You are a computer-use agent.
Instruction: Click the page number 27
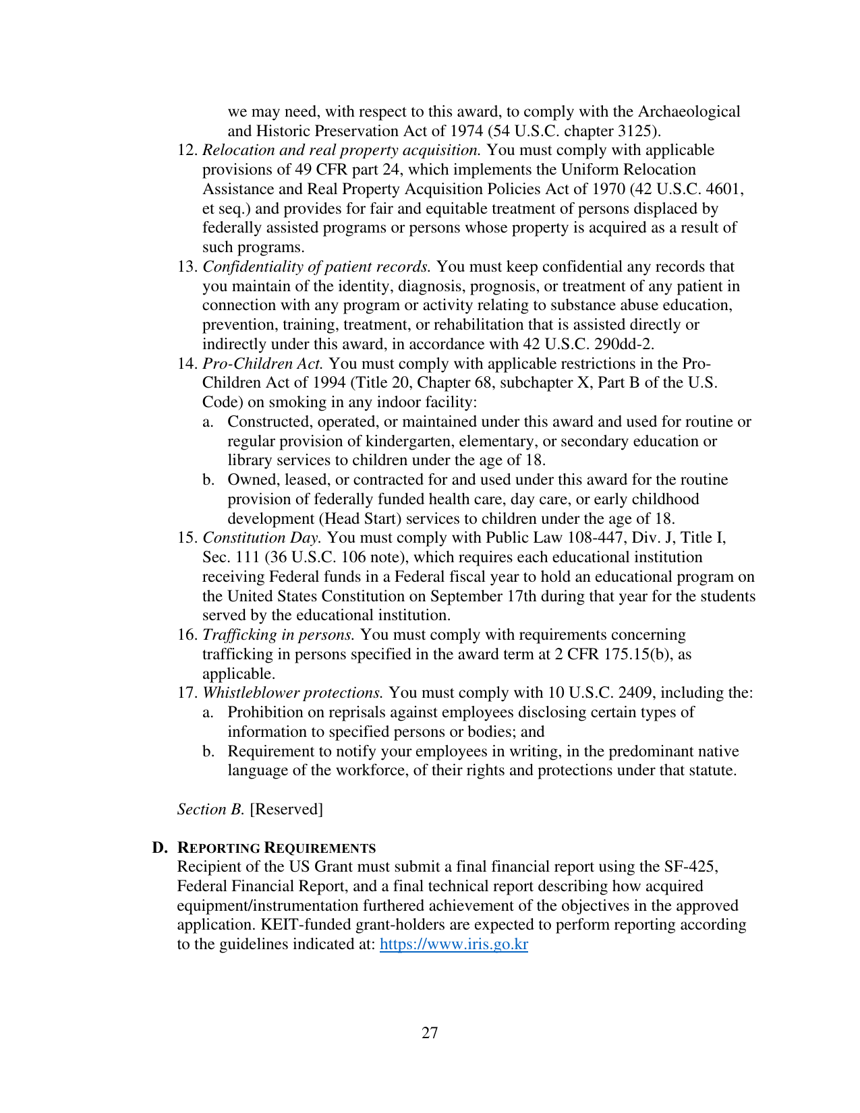pyautogui.click(x=430, y=1033)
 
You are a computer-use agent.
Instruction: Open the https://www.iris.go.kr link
pyautogui.click(x=454, y=944)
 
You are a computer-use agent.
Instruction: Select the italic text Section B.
pyautogui.click(x=210, y=809)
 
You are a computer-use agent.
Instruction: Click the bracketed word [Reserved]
pyautogui.click(x=287, y=809)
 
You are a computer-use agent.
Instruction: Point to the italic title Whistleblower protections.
pyautogui.click(x=293, y=692)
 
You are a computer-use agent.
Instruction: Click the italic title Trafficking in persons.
pyautogui.click(x=279, y=634)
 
